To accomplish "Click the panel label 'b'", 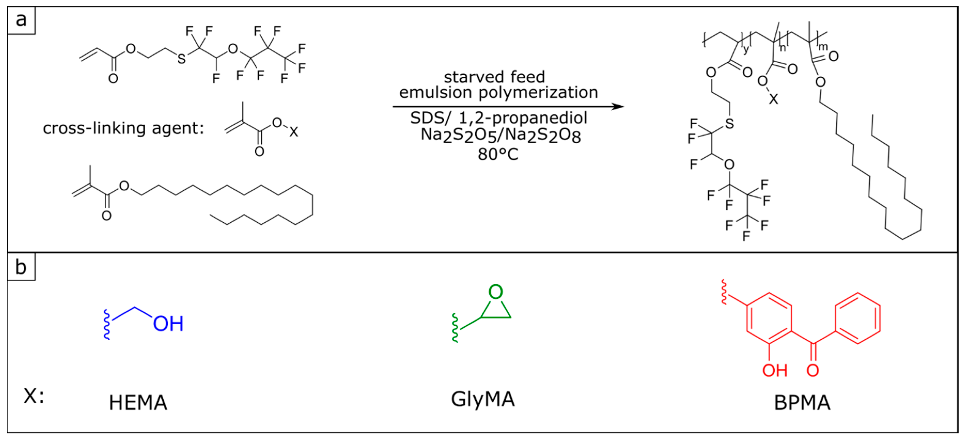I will pyautogui.click(x=21, y=267).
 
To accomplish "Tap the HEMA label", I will pyautogui.click(x=138, y=402).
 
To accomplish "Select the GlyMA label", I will pyautogui.click(x=483, y=399).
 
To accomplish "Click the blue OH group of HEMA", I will pyautogui.click(x=168, y=323).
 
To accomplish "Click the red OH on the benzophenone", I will pyautogui.click(x=775, y=371).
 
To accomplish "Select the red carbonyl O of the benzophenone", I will pyautogui.click(x=813, y=371).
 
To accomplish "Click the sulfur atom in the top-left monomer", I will pyautogui.click(x=182, y=59).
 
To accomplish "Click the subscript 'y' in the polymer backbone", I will pyautogui.click(x=746, y=49).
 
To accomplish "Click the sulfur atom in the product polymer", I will pyautogui.click(x=729, y=123).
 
